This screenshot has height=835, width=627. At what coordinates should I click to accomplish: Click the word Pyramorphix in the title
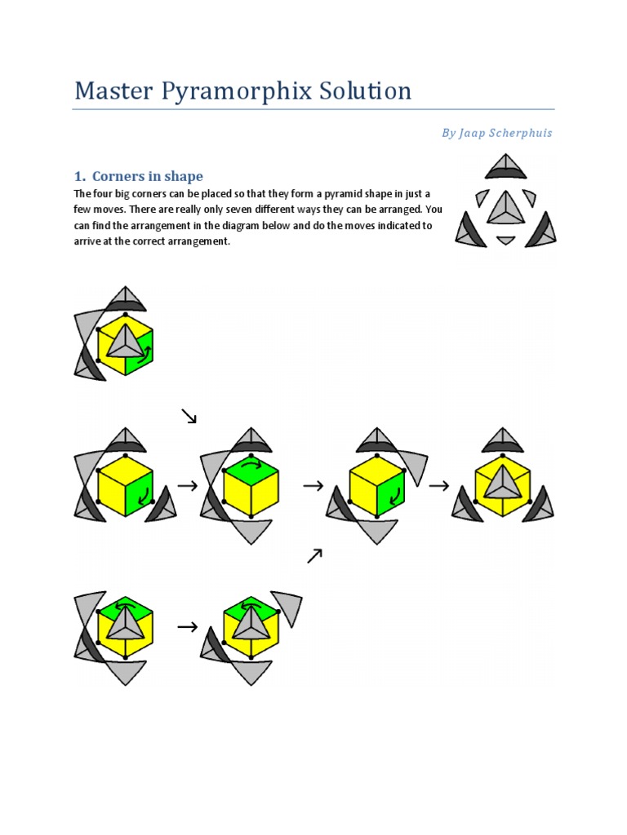click(236, 91)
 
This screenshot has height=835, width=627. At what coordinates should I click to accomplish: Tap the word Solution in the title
click(365, 90)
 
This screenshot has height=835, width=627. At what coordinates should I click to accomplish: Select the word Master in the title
click(113, 90)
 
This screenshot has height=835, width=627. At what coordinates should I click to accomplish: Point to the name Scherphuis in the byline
click(520, 133)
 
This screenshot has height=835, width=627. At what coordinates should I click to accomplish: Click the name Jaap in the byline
click(471, 133)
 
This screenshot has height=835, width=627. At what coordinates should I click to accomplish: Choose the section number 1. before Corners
click(80, 176)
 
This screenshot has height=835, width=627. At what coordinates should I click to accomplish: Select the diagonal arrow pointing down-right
click(189, 416)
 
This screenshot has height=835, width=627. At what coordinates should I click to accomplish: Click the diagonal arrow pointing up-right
click(315, 556)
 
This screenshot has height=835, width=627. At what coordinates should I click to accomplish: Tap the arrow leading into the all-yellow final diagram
click(438, 486)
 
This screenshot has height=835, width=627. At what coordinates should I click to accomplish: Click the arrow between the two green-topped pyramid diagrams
click(188, 627)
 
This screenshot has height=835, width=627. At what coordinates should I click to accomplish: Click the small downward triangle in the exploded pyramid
click(505, 241)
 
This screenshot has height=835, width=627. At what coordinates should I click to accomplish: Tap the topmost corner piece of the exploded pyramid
click(505, 166)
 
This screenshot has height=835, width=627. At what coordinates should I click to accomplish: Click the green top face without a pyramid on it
click(251, 466)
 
